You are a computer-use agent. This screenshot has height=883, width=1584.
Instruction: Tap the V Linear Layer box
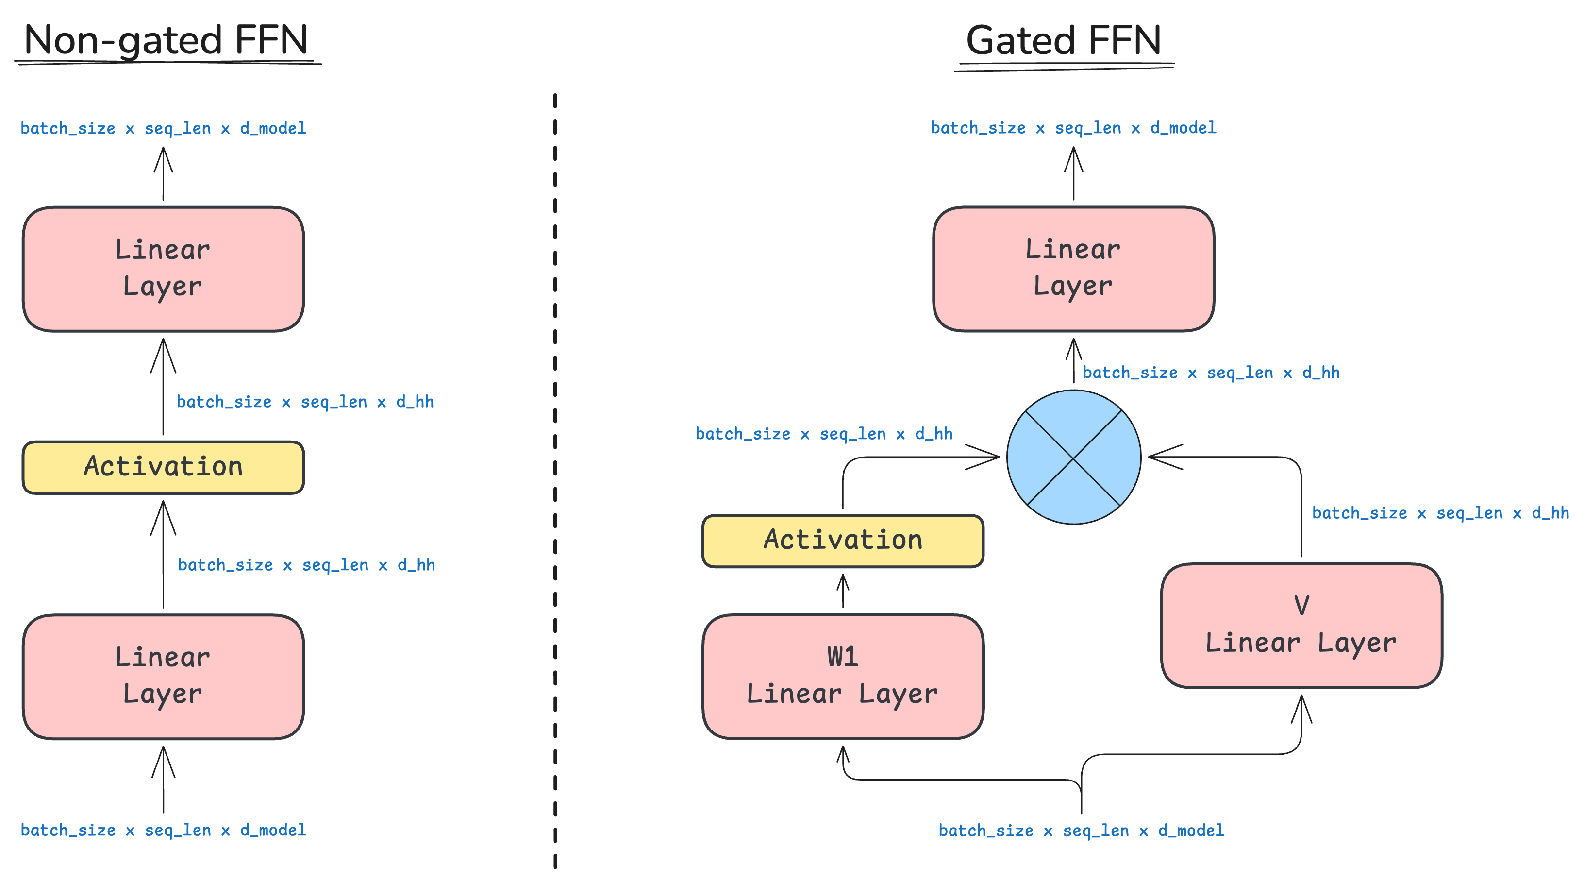(1301, 625)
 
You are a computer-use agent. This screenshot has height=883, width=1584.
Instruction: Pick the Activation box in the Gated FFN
(842, 540)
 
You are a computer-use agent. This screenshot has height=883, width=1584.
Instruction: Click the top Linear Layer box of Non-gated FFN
(164, 269)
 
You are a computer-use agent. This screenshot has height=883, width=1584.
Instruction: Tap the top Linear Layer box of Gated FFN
(1074, 269)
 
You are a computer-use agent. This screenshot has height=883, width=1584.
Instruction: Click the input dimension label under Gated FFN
(1081, 831)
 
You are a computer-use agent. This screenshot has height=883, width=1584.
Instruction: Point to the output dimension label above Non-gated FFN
(164, 128)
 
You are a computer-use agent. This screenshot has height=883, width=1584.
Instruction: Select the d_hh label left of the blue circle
(824, 434)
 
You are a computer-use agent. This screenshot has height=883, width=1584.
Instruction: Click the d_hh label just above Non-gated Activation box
(305, 402)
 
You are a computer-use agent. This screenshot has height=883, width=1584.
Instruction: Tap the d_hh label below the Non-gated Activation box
(306, 565)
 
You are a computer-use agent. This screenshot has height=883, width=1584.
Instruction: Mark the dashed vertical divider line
(555, 480)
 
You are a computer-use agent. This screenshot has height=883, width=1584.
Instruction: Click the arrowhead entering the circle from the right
(1162, 457)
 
